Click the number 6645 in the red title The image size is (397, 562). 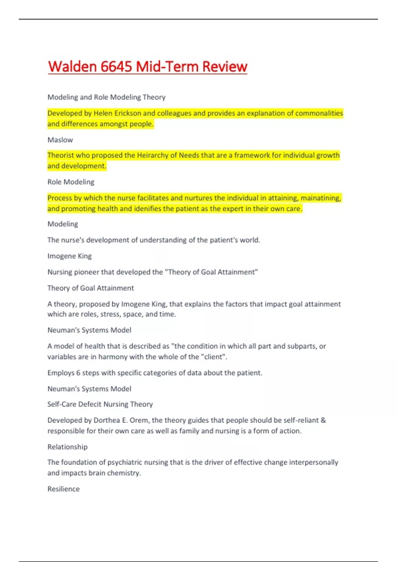click(x=116, y=66)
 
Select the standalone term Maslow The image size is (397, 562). click(x=60, y=140)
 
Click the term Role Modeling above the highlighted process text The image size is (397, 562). click(x=71, y=182)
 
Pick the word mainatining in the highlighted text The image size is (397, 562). click(x=321, y=198)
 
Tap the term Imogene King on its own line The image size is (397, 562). click(x=69, y=256)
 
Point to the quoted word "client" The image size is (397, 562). click(x=213, y=357)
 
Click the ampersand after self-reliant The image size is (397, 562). click(x=323, y=420)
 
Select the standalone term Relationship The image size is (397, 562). click(x=67, y=447)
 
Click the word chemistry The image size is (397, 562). click(x=124, y=473)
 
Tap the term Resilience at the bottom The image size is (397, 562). click(x=64, y=489)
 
